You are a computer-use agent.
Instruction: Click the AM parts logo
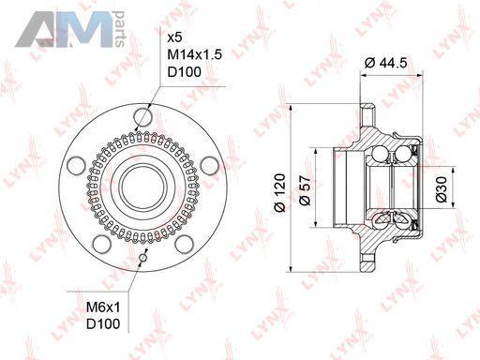[70, 29]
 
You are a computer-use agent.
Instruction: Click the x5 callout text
[174, 38]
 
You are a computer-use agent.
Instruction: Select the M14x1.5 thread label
[195, 54]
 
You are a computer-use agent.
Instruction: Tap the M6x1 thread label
[103, 307]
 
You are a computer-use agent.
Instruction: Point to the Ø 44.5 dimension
[386, 63]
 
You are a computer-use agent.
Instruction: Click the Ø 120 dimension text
[280, 192]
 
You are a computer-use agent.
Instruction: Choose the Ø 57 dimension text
[305, 190]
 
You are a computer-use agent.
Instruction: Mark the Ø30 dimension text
[442, 189]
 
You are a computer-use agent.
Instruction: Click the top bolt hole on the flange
[143, 117]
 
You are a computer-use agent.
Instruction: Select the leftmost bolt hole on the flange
[76, 166]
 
